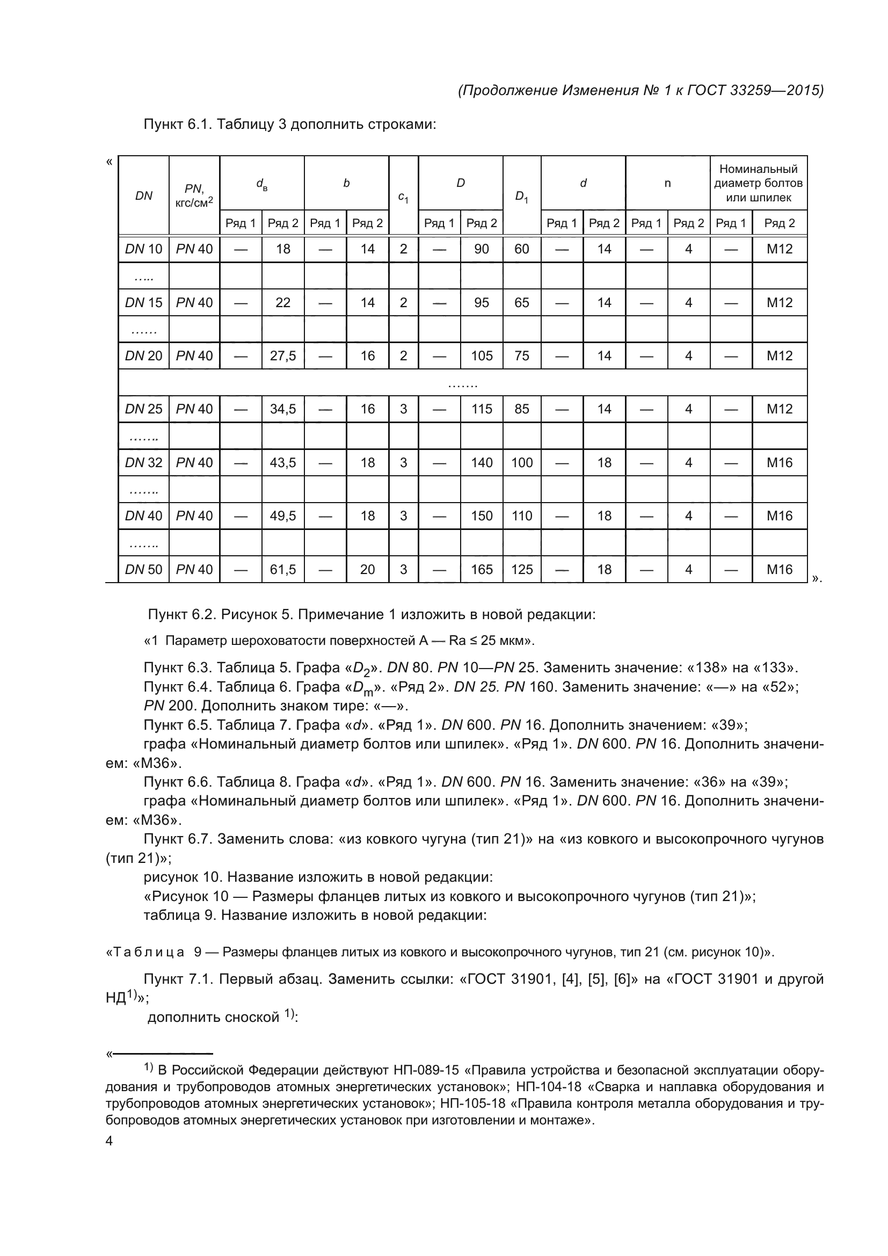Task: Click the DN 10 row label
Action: (x=143, y=250)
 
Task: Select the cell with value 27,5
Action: (x=283, y=356)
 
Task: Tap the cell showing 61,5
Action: (x=283, y=569)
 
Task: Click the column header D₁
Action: (x=522, y=196)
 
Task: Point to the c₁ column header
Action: (x=403, y=196)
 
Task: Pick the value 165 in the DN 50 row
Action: (x=481, y=569)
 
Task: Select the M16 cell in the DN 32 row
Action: (x=779, y=463)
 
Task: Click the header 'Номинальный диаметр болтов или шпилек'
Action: (x=758, y=183)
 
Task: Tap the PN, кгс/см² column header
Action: (x=194, y=196)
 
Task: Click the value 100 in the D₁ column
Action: (x=522, y=463)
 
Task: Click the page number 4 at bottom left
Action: (x=109, y=1142)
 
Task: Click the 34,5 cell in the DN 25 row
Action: (x=283, y=409)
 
